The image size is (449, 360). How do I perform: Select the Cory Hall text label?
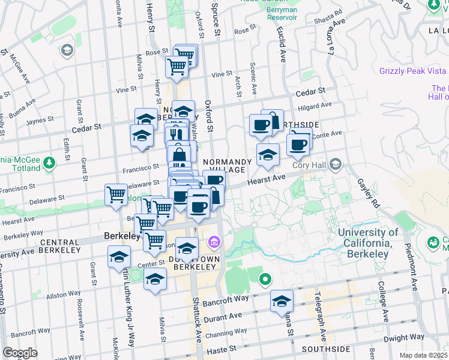point(308,165)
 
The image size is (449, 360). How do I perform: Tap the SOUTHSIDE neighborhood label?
point(326,349)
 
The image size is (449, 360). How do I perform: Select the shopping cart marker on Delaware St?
point(116,194)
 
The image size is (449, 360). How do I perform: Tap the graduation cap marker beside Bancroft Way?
point(281,301)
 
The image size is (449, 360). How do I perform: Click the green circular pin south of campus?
point(265,280)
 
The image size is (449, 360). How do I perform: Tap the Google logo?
point(20,353)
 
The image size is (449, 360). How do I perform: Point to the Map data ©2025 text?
point(424,355)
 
